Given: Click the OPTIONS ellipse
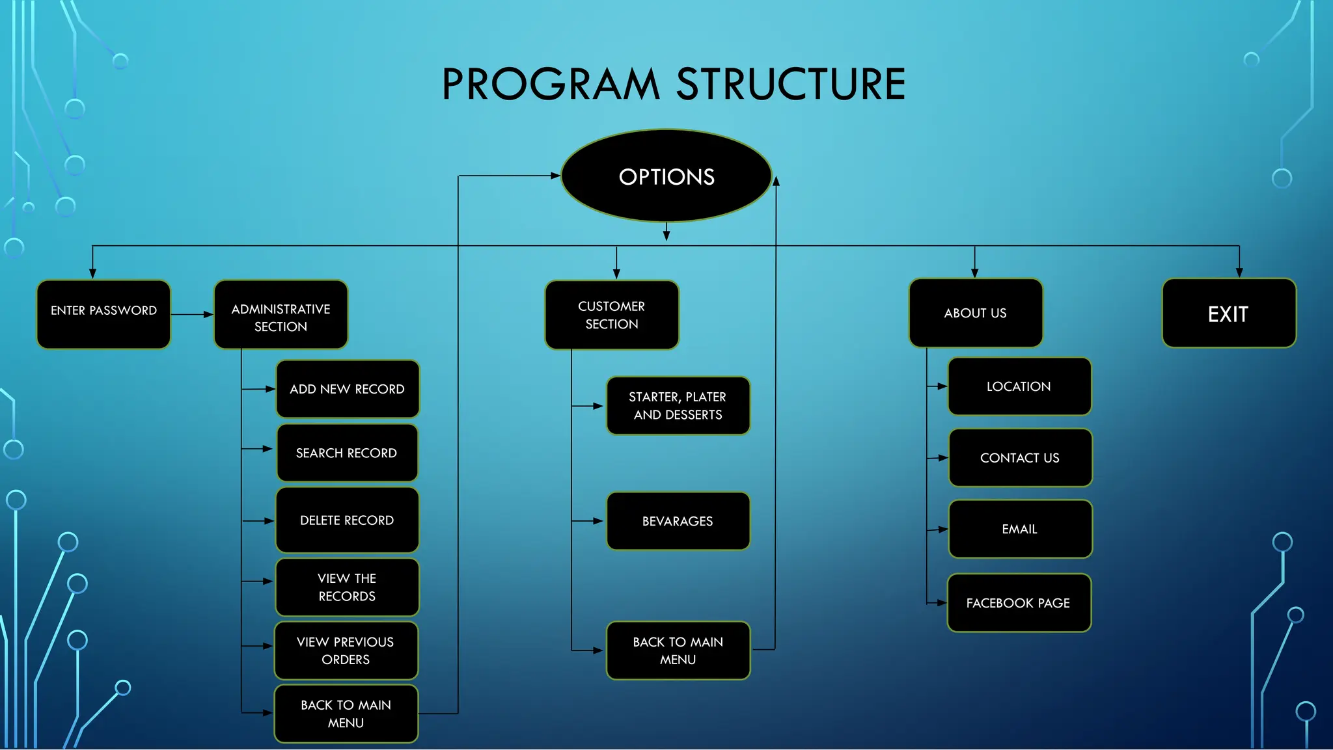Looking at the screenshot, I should [666, 176].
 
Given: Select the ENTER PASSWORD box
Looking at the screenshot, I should [103, 314].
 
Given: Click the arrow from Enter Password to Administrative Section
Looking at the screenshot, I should [192, 314].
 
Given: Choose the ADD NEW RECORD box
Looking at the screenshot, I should [348, 389].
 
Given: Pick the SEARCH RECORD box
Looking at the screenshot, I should [347, 453].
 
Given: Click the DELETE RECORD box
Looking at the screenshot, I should [347, 520].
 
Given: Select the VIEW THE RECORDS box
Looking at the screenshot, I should [347, 587].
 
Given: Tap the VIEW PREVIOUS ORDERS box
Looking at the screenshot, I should [346, 650].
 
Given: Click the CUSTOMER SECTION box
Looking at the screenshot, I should [612, 315].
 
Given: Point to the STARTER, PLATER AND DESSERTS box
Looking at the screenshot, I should [678, 406].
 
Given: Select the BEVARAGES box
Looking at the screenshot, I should [678, 521].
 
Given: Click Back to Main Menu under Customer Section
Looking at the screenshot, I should [678, 650].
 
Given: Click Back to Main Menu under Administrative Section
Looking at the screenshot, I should [346, 714].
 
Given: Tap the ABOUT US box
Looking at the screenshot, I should [975, 313].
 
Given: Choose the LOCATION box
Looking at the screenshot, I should [1019, 386].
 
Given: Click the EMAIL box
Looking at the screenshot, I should [1020, 529].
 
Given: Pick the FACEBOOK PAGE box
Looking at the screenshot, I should [1019, 603].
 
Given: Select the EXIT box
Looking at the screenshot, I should [1228, 314].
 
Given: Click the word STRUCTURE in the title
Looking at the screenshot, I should [791, 84].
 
